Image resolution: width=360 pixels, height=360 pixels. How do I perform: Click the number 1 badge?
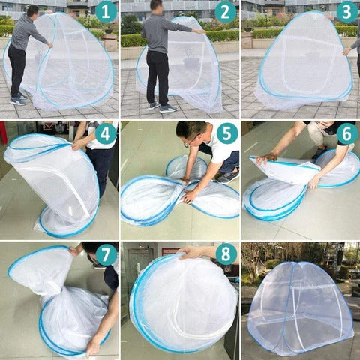[x=106, y=12]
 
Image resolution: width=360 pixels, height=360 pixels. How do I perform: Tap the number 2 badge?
[x=225, y=12]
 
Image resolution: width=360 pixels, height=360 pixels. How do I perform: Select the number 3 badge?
[x=347, y=12]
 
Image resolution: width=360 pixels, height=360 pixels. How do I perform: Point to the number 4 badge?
[x=106, y=134]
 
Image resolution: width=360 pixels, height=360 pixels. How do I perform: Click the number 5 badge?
[x=226, y=133]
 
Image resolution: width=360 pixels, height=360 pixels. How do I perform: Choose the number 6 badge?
[x=347, y=134]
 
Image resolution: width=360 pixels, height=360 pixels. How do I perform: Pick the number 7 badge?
[x=106, y=254]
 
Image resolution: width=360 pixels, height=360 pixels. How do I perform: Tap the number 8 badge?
[x=226, y=254]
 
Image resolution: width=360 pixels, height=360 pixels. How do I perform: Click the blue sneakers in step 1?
[x=18, y=99]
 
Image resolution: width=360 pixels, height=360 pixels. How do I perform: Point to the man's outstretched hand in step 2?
[x=200, y=31]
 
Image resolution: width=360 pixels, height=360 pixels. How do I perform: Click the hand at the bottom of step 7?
[x=93, y=346]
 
